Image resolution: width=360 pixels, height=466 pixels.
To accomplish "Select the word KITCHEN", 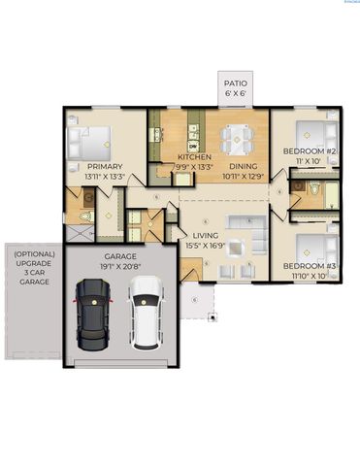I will click(194, 156).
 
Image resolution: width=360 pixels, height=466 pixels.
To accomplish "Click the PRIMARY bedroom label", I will click(91, 166).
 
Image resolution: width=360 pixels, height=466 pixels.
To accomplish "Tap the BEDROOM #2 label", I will click(310, 152).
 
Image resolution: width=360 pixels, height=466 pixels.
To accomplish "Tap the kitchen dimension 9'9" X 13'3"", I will click(195, 166).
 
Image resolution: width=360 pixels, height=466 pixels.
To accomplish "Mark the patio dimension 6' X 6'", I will click(236, 94).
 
